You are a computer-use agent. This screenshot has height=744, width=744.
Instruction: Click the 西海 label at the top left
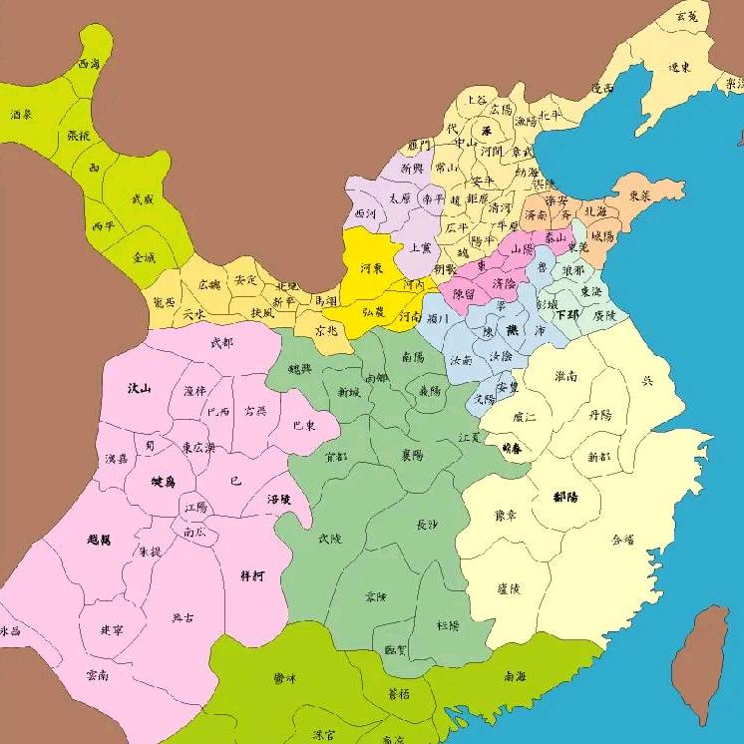(89, 64)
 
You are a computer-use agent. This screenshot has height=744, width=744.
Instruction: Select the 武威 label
(143, 198)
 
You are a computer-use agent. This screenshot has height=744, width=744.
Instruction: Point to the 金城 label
(145, 257)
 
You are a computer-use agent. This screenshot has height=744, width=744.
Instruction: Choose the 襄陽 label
(412, 454)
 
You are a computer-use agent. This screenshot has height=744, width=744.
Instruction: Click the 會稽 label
(622, 539)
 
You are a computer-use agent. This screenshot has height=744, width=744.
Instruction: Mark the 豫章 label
(507, 516)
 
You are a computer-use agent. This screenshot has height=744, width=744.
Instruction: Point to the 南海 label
(516, 675)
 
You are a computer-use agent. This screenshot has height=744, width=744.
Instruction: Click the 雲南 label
(98, 675)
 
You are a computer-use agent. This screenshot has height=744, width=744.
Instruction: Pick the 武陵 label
(329, 538)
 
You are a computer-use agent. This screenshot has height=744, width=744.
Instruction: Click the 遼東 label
(681, 68)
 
